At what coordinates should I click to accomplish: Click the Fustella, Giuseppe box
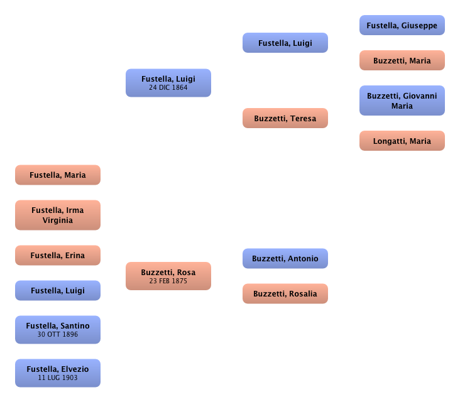click(x=402, y=26)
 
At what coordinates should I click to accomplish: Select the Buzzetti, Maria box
click(x=402, y=61)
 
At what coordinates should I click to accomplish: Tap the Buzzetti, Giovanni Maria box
click(x=402, y=101)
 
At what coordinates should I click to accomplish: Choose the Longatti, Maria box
click(x=402, y=141)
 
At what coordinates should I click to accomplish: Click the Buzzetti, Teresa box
click(x=285, y=119)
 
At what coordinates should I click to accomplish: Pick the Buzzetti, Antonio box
click(x=285, y=259)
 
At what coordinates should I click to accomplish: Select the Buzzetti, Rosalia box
click(x=285, y=294)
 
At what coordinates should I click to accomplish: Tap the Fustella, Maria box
click(x=58, y=175)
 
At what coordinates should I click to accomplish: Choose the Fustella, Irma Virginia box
click(x=58, y=215)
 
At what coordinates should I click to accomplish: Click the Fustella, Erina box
click(x=58, y=256)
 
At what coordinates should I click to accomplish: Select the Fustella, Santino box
click(x=58, y=330)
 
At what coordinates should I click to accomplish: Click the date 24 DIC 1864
click(x=168, y=88)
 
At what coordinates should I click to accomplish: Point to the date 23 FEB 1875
click(x=168, y=281)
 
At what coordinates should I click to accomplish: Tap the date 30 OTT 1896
click(x=58, y=334)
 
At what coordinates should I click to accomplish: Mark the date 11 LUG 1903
click(x=58, y=378)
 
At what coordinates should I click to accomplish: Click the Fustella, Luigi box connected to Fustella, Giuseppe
click(x=285, y=43)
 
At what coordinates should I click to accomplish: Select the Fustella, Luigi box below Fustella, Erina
click(x=58, y=291)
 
